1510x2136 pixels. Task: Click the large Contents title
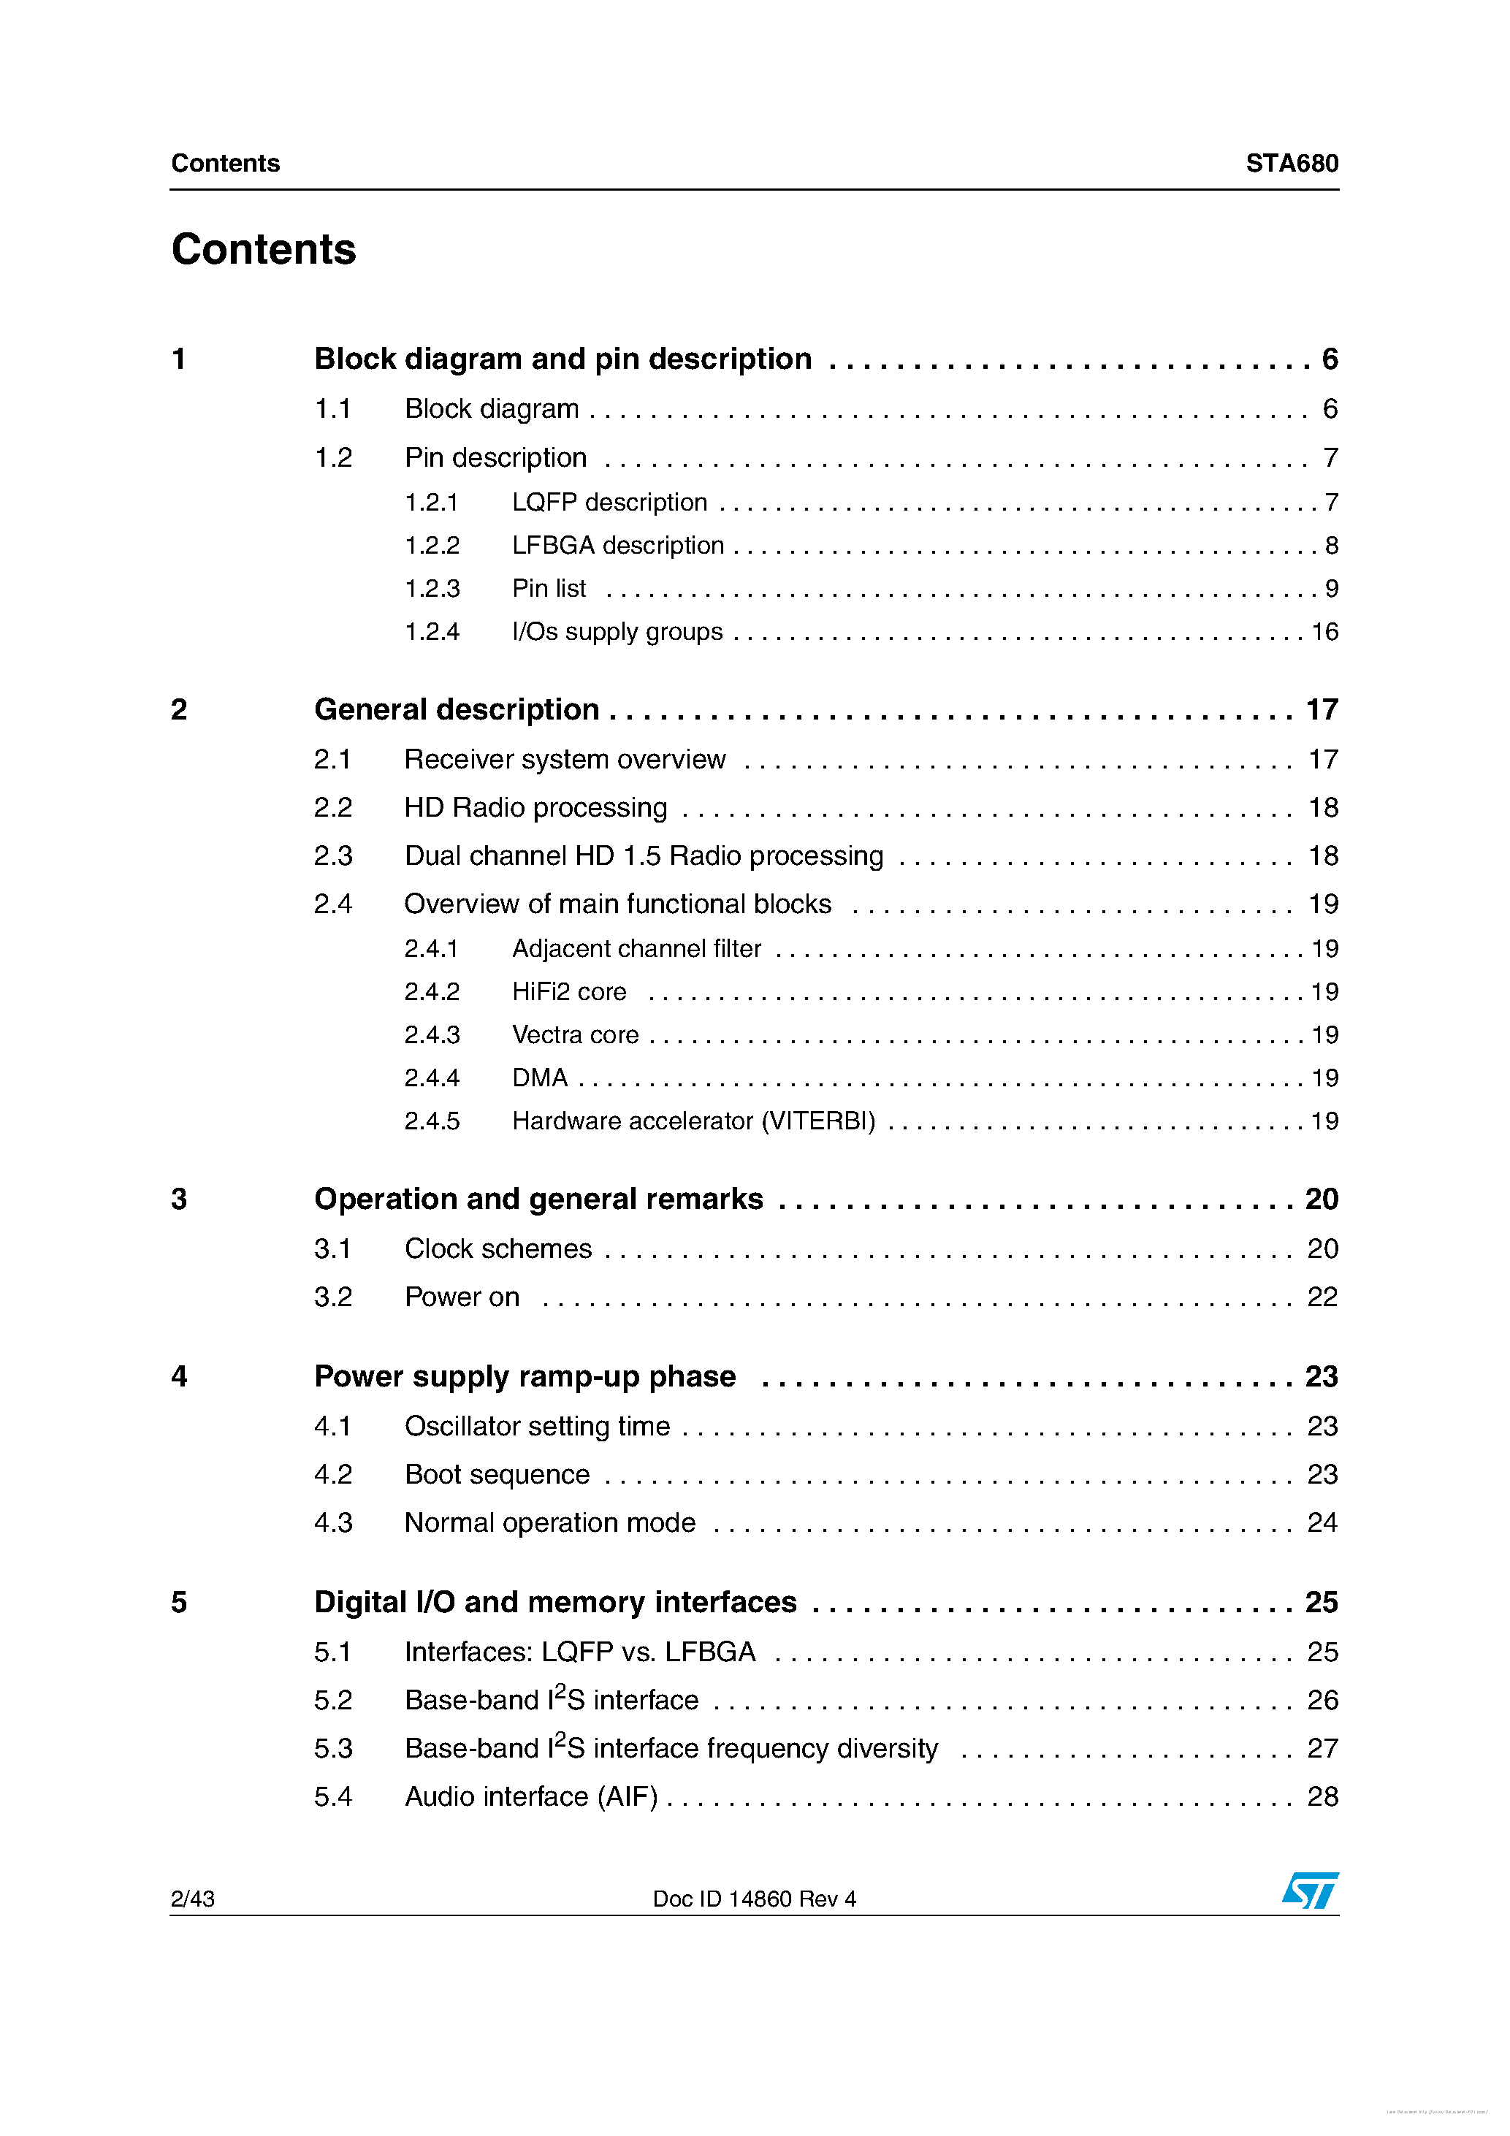point(263,249)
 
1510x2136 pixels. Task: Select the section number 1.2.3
point(432,589)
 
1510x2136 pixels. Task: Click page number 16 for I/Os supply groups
point(1323,633)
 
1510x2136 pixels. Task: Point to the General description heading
point(456,710)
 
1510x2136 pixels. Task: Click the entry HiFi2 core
point(568,992)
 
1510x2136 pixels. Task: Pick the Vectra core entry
point(574,1035)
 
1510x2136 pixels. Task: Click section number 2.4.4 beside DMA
point(432,1078)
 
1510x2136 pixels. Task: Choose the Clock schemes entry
point(497,1248)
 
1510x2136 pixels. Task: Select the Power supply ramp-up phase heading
point(525,1377)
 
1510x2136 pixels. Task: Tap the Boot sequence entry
point(497,1475)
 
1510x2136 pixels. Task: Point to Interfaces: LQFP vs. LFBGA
point(579,1652)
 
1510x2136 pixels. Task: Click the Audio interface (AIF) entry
point(530,1796)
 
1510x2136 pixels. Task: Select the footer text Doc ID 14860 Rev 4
point(754,1899)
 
